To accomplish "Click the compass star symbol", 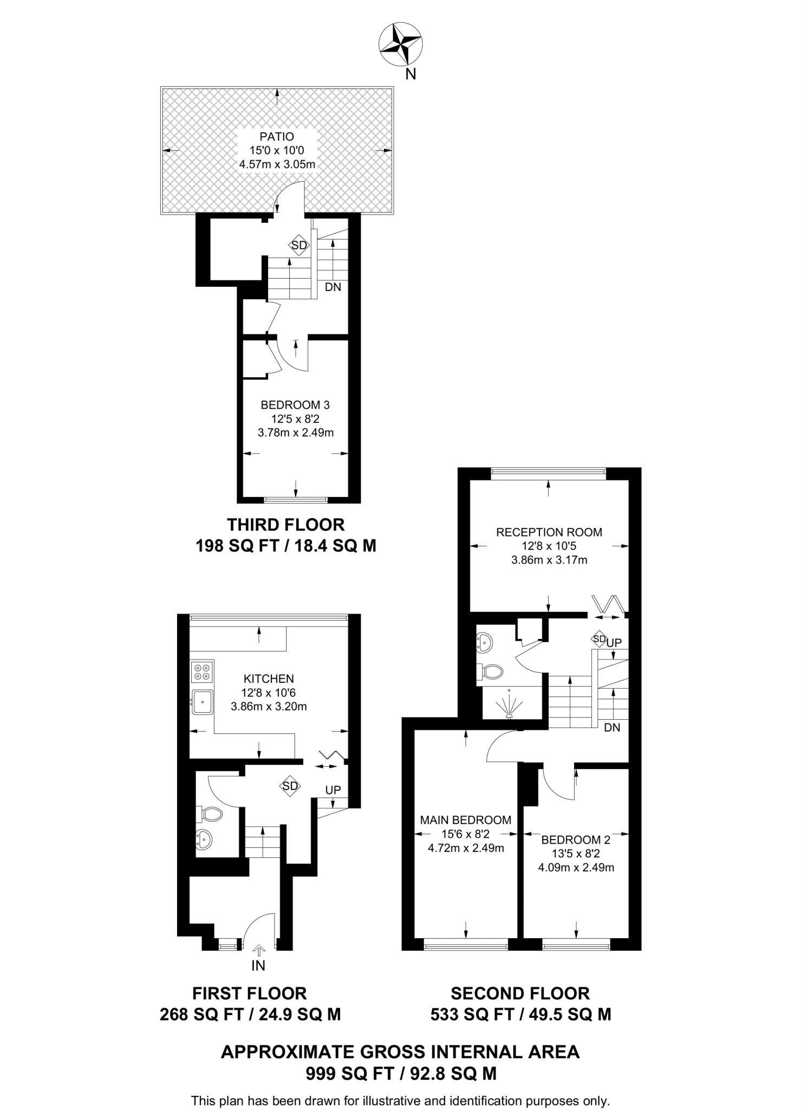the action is (x=400, y=44).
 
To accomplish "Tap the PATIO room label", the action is (x=277, y=137).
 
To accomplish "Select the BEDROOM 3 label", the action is (x=295, y=405).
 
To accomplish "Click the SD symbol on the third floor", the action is (x=299, y=246).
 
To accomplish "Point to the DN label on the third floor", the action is (x=333, y=287).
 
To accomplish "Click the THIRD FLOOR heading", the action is (x=285, y=525).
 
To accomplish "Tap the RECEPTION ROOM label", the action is (x=549, y=532).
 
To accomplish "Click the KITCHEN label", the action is (x=269, y=679).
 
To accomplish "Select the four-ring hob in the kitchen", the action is (x=202, y=672).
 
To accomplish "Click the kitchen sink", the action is (x=202, y=702).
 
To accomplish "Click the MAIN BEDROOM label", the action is (x=466, y=820).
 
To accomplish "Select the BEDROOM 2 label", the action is (x=576, y=840).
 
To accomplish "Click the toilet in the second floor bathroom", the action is (x=490, y=672).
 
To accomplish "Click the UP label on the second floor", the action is (x=614, y=643).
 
